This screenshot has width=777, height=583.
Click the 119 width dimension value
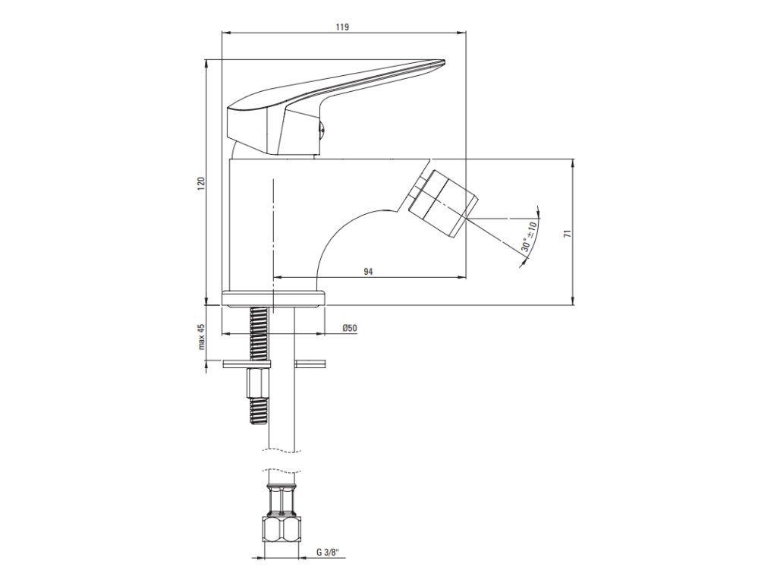pos(342,27)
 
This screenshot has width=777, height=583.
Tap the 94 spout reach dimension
pos(368,271)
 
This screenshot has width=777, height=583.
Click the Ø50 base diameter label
pos(349,328)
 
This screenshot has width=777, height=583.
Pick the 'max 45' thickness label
pos(201,336)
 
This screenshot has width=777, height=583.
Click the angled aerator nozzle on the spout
pos(443,200)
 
